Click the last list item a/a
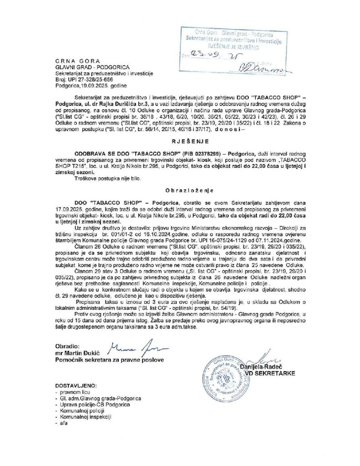(x=60, y=422)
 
